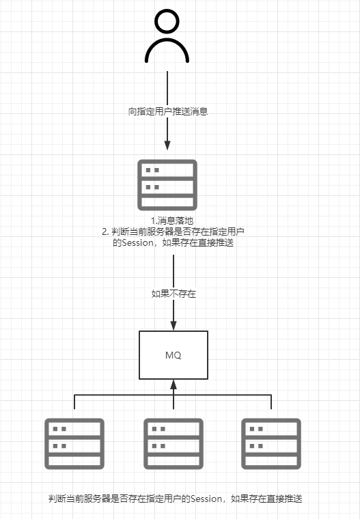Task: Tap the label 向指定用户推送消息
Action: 167,111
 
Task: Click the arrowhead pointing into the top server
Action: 167,145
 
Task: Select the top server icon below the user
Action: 167,184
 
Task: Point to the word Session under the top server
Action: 139,242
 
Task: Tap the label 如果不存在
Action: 174,293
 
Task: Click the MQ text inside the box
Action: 174,356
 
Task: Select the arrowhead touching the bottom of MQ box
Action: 174,384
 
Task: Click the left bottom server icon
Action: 74,443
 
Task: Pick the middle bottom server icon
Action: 174,443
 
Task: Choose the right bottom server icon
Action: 271,443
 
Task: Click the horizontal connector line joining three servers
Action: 123,395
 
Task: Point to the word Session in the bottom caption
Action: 204,499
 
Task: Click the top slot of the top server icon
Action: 167,169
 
